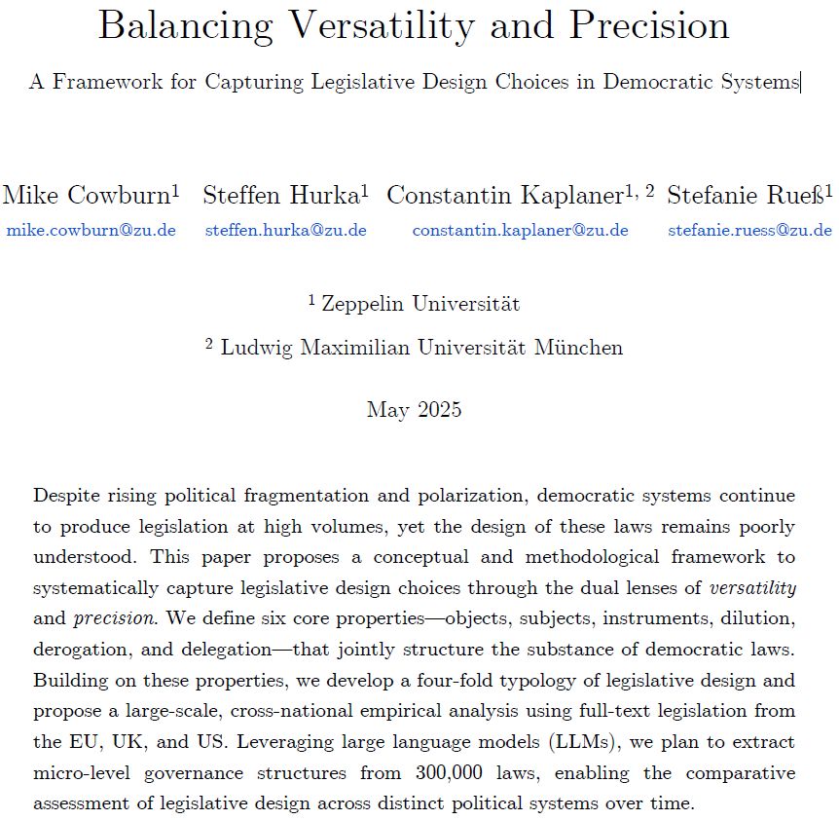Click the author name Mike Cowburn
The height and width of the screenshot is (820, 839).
[x=86, y=196]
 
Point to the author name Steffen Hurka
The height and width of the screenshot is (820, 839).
[x=281, y=196]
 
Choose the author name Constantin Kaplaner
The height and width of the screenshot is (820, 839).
[x=504, y=196]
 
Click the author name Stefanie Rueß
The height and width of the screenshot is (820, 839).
[x=745, y=196]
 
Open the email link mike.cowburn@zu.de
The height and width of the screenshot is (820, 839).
[x=91, y=231]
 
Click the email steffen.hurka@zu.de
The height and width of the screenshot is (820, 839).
[x=285, y=231]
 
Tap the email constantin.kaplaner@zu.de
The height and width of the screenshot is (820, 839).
[x=520, y=231]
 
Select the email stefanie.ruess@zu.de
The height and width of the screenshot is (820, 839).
[x=749, y=231]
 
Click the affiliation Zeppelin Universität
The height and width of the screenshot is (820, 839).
[x=419, y=304]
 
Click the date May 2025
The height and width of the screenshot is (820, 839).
[x=414, y=410]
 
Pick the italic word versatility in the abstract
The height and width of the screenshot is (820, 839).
[x=752, y=588]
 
